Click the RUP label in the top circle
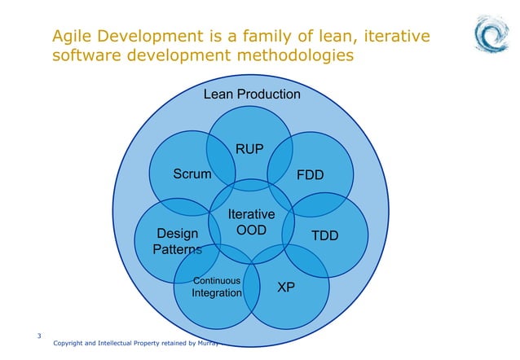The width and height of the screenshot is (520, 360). pos(249,149)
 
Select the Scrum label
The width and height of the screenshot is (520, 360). pos(192,174)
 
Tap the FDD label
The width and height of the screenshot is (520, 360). pos(310,175)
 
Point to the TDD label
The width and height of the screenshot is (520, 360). pos(324,235)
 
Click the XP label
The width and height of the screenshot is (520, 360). pos(286,288)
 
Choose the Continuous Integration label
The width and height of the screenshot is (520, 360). pos(216,287)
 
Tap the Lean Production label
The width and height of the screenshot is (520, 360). pos(252,94)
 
